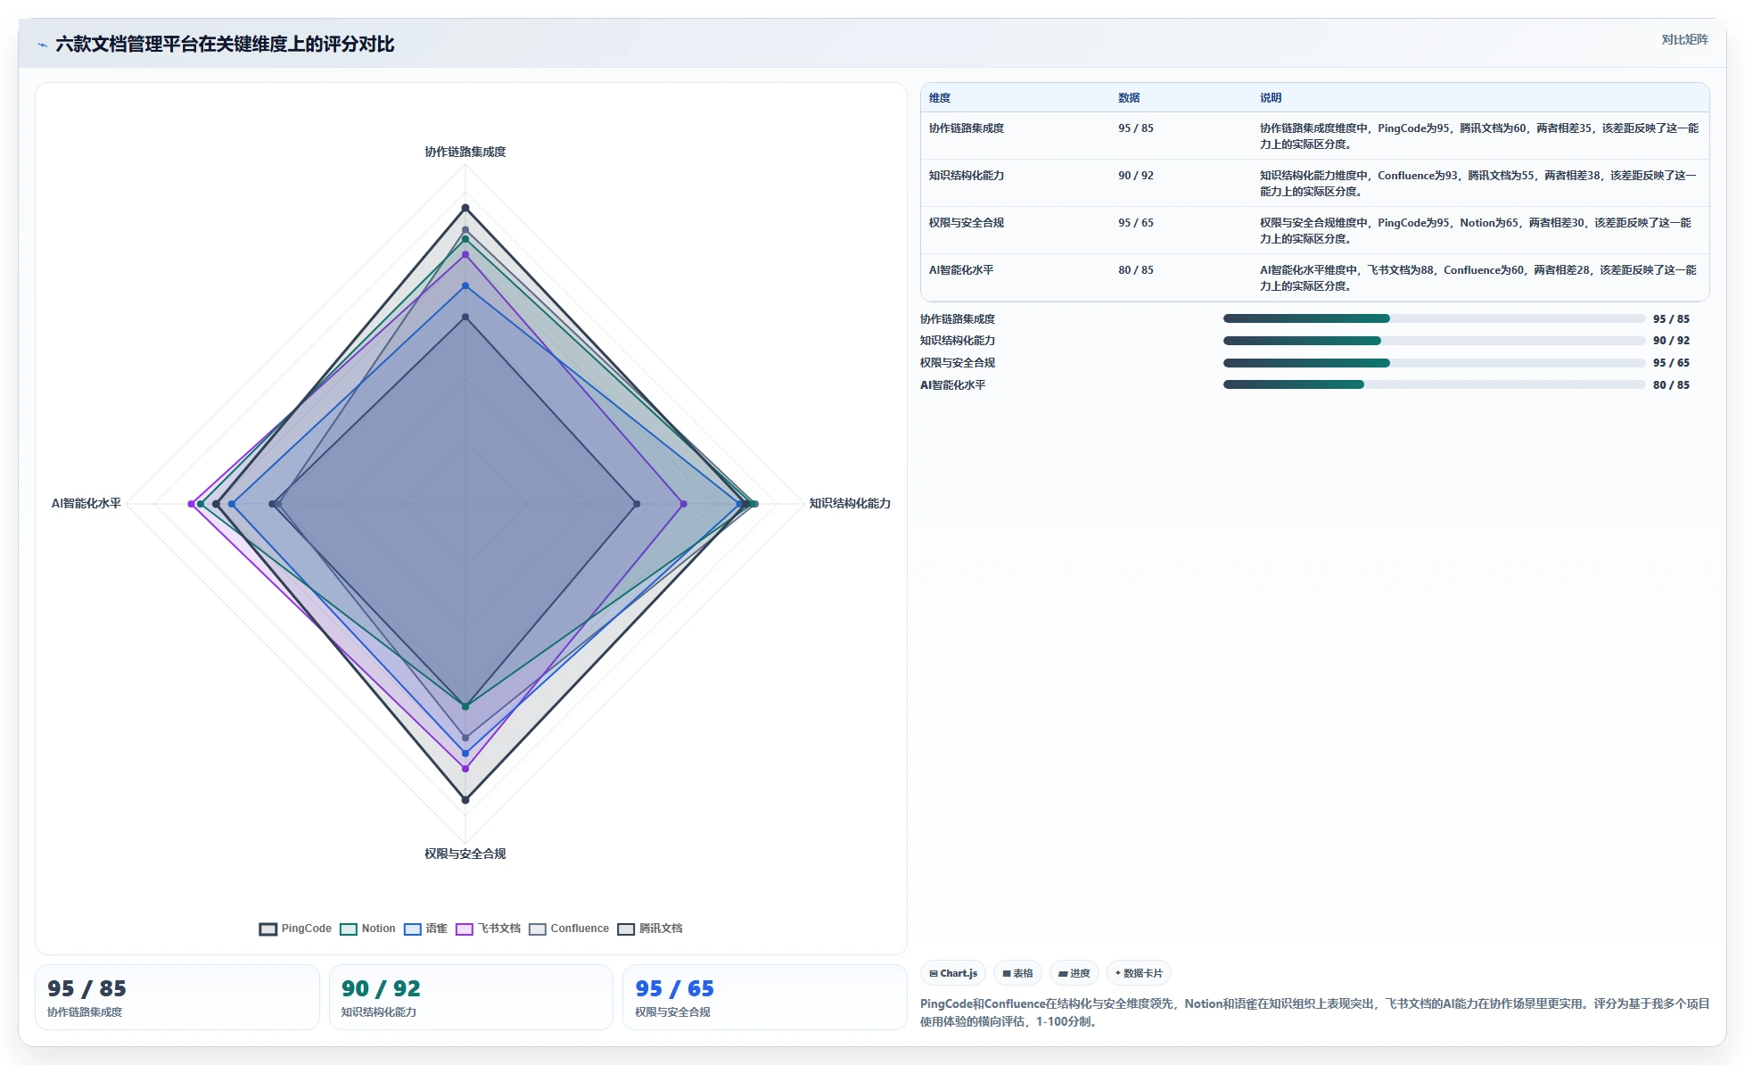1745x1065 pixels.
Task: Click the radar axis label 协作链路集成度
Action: (465, 152)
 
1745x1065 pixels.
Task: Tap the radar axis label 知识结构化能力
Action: (849, 503)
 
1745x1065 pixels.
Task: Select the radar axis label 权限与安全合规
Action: (465, 854)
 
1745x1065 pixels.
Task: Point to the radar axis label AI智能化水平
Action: (86, 503)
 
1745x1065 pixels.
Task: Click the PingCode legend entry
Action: (295, 929)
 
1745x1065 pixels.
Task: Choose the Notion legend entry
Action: (367, 929)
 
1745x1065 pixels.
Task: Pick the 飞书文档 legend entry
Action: (488, 929)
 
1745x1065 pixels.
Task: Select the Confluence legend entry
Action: (569, 929)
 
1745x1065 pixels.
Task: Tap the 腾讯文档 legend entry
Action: (650, 929)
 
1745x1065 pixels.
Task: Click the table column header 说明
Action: (1271, 98)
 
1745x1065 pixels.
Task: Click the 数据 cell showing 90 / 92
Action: (1136, 176)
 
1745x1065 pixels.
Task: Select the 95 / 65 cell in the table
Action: (1136, 223)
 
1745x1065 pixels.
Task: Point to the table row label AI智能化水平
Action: (961, 270)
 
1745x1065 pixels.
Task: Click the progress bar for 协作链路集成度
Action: (1434, 318)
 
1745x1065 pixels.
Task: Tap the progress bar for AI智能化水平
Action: (1434, 384)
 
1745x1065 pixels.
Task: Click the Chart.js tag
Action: (953, 973)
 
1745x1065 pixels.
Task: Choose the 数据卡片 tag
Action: (1139, 973)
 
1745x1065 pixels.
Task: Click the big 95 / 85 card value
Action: (87, 988)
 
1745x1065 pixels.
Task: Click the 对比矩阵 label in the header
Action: (1684, 39)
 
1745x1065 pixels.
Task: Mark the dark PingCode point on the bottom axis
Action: (465, 800)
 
